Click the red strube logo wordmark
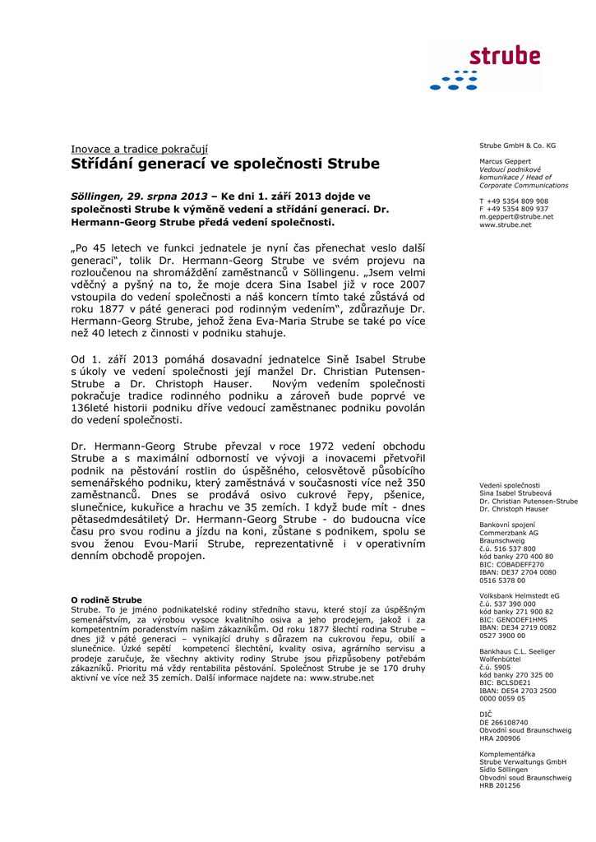[x=505, y=57]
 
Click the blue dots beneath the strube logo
[x=453, y=80]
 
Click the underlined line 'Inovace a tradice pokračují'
[x=139, y=149]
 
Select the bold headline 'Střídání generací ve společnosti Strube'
[x=225, y=164]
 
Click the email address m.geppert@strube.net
[x=516, y=216]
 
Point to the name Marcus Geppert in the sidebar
[x=505, y=161]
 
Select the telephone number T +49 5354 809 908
[x=514, y=201]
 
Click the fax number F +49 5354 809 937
[x=514, y=209]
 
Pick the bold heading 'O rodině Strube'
[x=106, y=600]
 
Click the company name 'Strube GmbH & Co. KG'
[x=517, y=146]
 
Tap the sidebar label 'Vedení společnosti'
[x=509, y=485]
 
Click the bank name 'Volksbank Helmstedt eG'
[x=519, y=595]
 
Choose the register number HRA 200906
[x=500, y=738]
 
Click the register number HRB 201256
[x=500, y=785]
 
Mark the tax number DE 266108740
[x=503, y=723]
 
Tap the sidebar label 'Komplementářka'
[x=507, y=754]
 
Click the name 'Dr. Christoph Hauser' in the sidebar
[x=514, y=509]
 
